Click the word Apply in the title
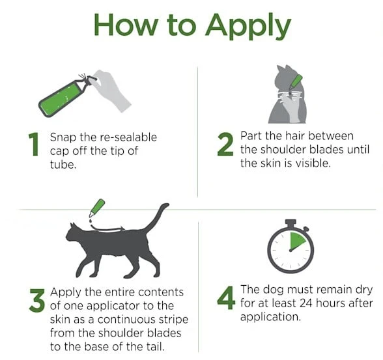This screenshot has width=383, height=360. pos(248,26)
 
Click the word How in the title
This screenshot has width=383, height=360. pos(126,25)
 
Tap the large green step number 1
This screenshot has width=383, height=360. pos(34,145)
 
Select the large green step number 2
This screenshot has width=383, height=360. pos(225,145)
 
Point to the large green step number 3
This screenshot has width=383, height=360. pos(37,300)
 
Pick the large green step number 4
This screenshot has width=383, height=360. pos(226,298)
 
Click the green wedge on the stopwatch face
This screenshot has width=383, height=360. pos(297,240)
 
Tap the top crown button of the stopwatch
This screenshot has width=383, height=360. pos(291,222)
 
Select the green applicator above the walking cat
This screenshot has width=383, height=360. pos(97,208)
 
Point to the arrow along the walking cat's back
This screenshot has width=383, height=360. pos(107,228)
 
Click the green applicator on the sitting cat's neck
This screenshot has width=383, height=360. pos(295,83)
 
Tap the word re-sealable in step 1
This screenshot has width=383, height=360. pos(128,137)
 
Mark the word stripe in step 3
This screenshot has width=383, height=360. pos(173,320)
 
